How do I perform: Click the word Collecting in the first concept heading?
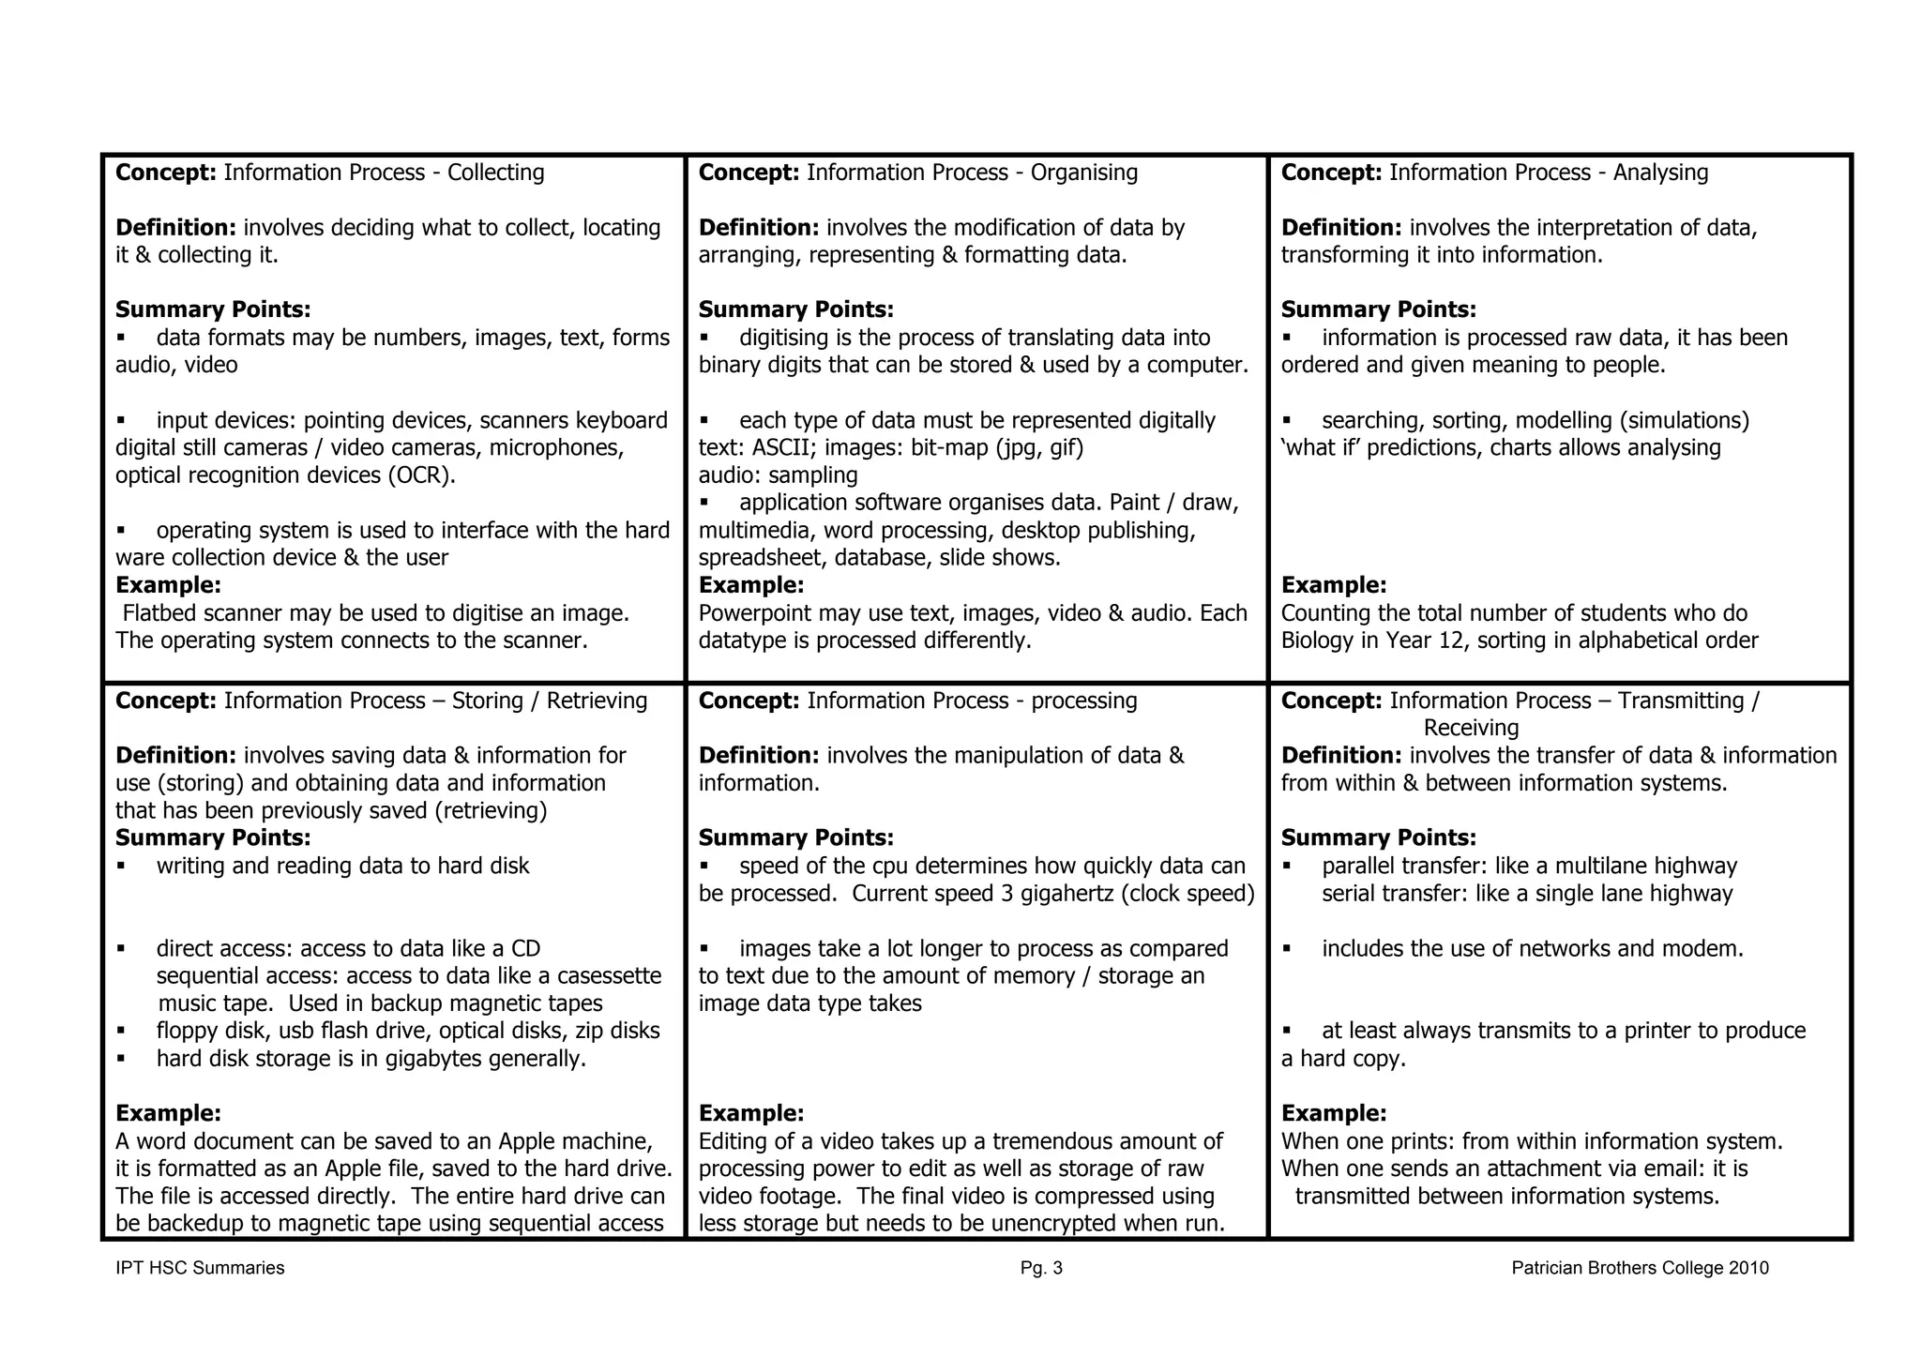tap(495, 173)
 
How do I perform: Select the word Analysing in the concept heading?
tap(1660, 173)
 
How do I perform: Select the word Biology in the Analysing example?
tap(1320, 641)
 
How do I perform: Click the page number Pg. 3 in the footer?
tap(1041, 1269)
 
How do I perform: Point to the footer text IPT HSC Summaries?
tap(200, 1269)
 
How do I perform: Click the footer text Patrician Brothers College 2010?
tap(1640, 1269)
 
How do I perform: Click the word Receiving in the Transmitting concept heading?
tap(1471, 729)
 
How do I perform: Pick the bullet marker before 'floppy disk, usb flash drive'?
tap(121, 1031)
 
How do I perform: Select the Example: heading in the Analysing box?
tap(1333, 585)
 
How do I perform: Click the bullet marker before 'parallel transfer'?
tap(1287, 867)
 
